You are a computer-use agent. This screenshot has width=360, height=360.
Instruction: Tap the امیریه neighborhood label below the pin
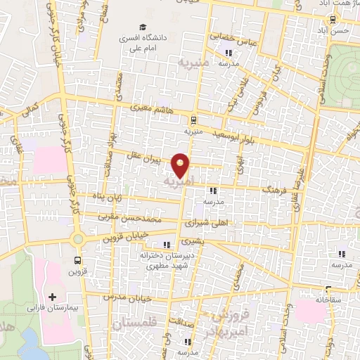click(177, 182)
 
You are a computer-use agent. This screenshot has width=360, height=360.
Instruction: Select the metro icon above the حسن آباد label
click(331, 21)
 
